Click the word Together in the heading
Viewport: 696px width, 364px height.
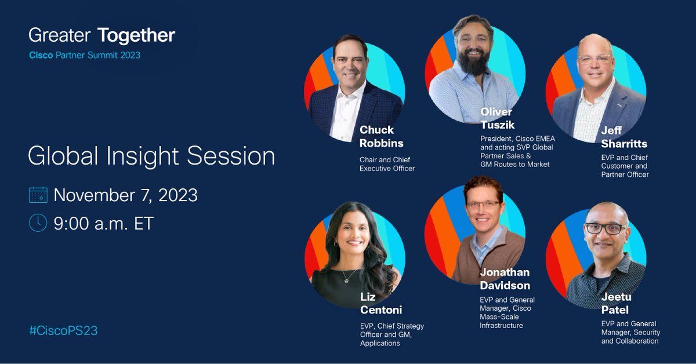136,36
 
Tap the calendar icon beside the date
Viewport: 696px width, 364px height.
38,195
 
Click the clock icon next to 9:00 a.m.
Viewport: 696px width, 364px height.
38,223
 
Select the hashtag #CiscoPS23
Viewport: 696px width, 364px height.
63,331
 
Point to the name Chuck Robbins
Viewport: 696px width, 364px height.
380,136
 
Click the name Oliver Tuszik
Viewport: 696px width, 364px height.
496,118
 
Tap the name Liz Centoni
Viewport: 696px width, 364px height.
380,303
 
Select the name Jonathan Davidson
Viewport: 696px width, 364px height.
505,279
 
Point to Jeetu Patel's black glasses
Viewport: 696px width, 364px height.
606,228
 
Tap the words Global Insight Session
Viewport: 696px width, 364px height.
151,156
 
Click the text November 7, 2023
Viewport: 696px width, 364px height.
126,195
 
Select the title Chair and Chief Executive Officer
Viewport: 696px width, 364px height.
387,164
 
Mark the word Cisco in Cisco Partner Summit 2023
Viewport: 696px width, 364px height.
41,56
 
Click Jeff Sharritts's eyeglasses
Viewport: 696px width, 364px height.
594,59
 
